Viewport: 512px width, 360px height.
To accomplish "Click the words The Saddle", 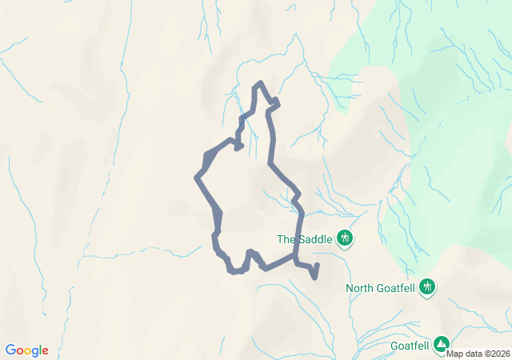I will pyautogui.click(x=304, y=238).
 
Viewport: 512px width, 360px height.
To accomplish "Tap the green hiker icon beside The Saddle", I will pyautogui.click(x=345, y=238).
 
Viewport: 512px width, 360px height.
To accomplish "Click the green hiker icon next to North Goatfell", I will pyautogui.click(x=427, y=286).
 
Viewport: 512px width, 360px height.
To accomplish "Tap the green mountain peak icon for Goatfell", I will pyautogui.click(x=442, y=345).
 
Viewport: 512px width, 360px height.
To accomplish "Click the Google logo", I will pyautogui.click(x=26, y=350).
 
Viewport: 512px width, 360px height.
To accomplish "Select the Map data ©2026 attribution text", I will pyautogui.click(x=478, y=354).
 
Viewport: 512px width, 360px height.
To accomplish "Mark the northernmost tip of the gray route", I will pyautogui.click(x=258, y=83).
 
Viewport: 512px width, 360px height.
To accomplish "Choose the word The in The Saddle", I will pyautogui.click(x=286, y=238).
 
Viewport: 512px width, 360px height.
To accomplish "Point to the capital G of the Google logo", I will pyautogui.click(x=11, y=350).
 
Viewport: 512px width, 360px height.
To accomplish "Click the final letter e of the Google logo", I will pyautogui.click(x=45, y=351).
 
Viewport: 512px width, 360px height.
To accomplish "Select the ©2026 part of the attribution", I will pyautogui.click(x=494, y=354).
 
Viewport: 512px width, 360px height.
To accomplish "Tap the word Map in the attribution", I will pyautogui.click(x=454, y=354).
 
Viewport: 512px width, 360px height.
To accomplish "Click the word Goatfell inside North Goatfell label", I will pyautogui.click(x=398, y=288).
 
